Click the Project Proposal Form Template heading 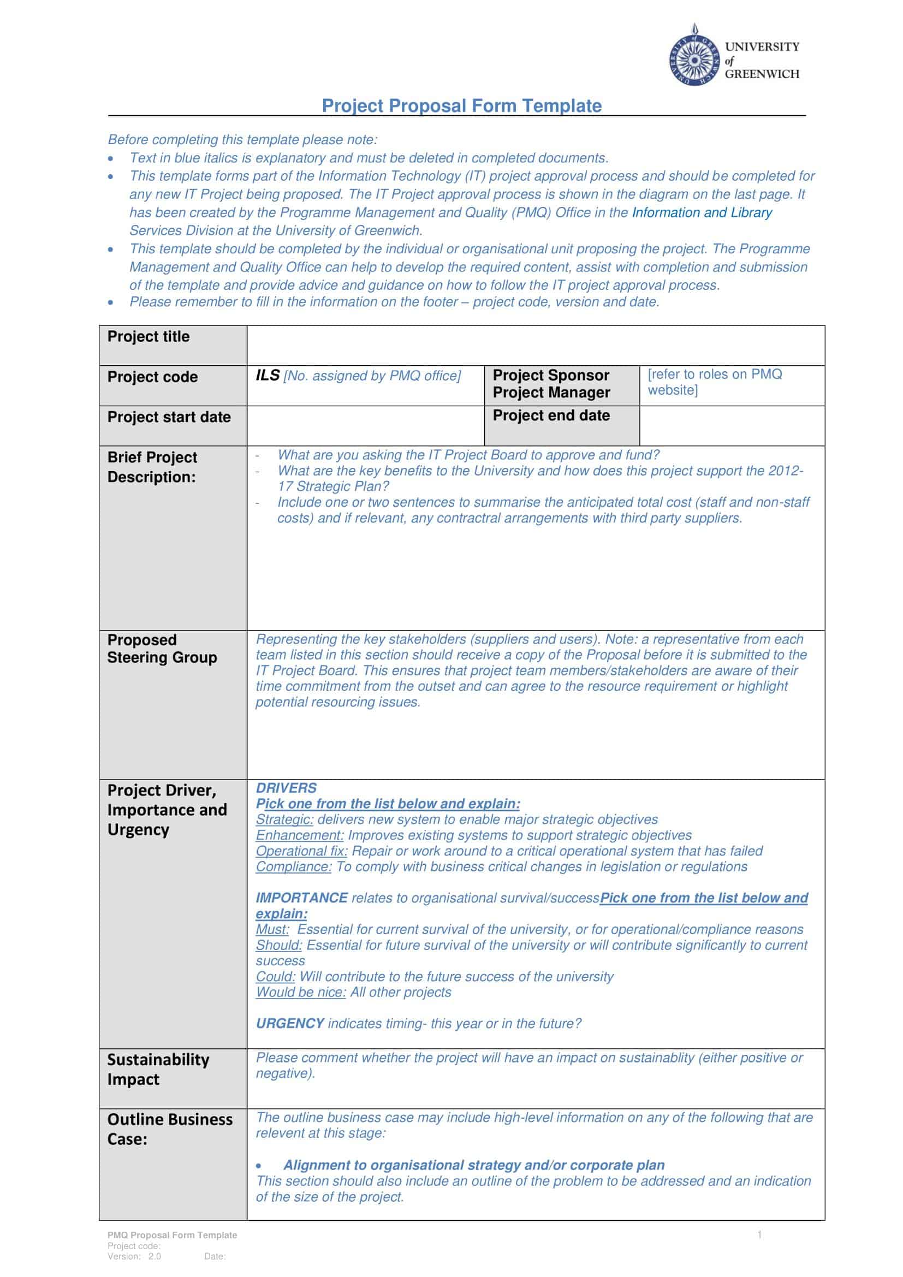click(x=461, y=106)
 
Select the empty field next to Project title click(x=536, y=346)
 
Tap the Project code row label click(x=152, y=377)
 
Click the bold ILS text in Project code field click(x=268, y=376)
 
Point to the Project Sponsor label click(x=550, y=375)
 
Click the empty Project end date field click(x=732, y=425)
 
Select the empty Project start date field click(x=365, y=425)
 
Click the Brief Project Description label click(x=152, y=467)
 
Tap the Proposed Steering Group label click(x=162, y=649)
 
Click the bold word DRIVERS click(x=286, y=788)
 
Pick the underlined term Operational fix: click(x=301, y=851)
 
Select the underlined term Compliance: click(x=294, y=866)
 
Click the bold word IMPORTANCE click(x=301, y=898)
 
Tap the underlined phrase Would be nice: click(x=301, y=992)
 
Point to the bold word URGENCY click(x=290, y=1023)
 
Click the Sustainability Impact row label click(x=158, y=1070)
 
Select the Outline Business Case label click(x=170, y=1129)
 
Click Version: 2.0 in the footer click(x=134, y=1256)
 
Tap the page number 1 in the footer click(x=759, y=1235)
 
